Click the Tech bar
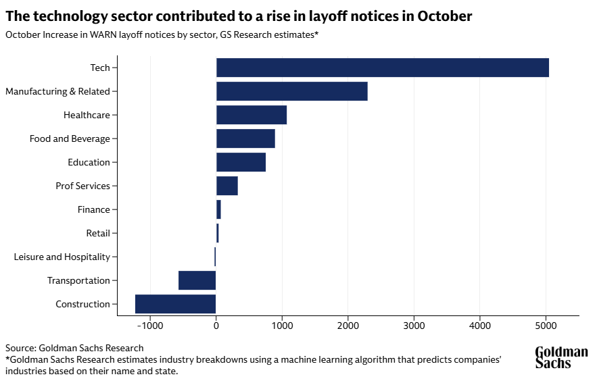(x=382, y=68)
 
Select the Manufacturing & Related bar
(x=291, y=91)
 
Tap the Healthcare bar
(x=252, y=115)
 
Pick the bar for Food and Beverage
(x=245, y=138)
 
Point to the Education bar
(x=241, y=162)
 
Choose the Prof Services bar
(x=227, y=186)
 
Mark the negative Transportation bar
(x=197, y=280)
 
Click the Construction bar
(x=176, y=304)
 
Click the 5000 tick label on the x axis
(x=546, y=326)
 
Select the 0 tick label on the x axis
(x=216, y=326)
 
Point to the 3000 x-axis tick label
(x=414, y=326)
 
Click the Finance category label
(x=93, y=209)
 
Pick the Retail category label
(x=98, y=233)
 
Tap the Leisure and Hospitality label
(x=62, y=257)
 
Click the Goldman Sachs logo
(x=561, y=357)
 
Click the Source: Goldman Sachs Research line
(x=74, y=347)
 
